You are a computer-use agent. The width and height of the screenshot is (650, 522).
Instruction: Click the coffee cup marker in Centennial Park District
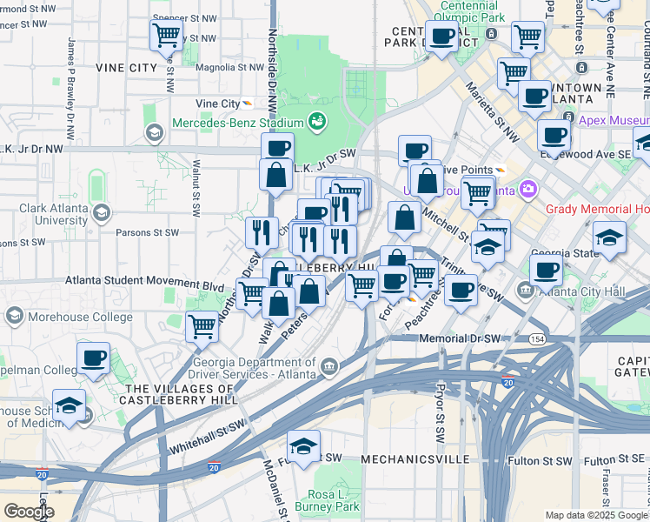coord(441,36)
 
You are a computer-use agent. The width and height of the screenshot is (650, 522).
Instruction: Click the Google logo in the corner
coord(29,512)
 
